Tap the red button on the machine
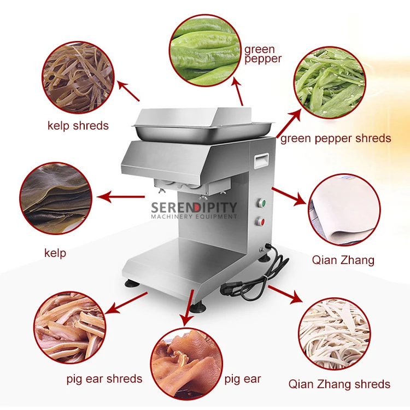[x=261, y=222]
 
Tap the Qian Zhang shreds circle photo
[x=334, y=334]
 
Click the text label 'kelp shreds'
[x=77, y=126]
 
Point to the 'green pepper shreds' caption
[x=336, y=138]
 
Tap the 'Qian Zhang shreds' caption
[x=339, y=384]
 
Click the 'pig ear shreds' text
[x=104, y=378]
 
